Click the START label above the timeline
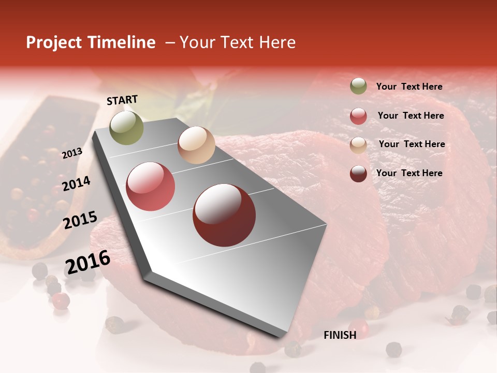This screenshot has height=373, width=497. [x=122, y=100]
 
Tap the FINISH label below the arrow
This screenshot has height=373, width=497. [x=340, y=335]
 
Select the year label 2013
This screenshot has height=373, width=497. [x=72, y=153]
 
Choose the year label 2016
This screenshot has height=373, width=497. [x=87, y=263]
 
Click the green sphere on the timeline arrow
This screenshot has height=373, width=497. [x=126, y=127]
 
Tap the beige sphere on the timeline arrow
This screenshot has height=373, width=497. [x=196, y=145]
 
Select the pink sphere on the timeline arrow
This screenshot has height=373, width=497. [x=151, y=187]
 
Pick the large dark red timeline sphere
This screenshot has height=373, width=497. [x=224, y=215]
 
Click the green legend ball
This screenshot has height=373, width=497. [x=358, y=87]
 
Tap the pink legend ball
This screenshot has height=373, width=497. [x=358, y=116]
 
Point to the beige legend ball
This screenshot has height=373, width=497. [x=358, y=145]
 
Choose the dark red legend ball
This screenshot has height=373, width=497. [x=358, y=174]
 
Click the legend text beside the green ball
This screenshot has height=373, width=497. [x=409, y=87]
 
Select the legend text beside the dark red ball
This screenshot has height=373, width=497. [x=409, y=173]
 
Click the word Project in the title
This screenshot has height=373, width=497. [x=54, y=42]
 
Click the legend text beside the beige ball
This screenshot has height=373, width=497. [x=412, y=144]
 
